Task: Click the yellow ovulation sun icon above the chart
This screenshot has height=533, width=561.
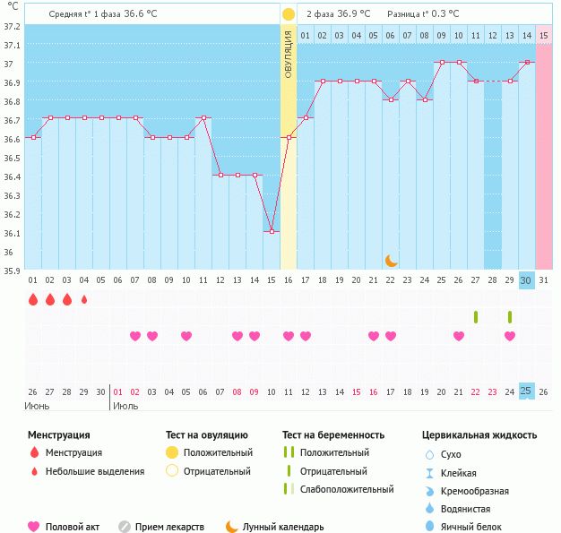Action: click(288, 14)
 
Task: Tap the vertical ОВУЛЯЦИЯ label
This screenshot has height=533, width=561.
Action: click(288, 54)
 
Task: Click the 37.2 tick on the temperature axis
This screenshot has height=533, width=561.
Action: click(11, 27)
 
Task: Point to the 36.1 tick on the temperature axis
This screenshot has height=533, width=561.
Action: click(11, 234)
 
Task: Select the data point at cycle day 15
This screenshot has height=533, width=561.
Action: click(272, 232)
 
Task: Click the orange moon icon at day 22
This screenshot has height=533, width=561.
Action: click(391, 260)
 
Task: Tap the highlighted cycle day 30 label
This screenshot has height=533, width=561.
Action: click(526, 280)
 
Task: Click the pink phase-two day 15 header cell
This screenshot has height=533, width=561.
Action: click(544, 35)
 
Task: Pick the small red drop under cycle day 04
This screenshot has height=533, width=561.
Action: click(84, 300)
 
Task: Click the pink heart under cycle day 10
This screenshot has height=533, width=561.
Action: click(186, 336)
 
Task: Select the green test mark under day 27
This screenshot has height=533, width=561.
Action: click(476, 316)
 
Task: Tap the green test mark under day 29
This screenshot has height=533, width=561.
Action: click(510, 316)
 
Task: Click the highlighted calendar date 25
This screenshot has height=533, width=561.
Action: click(526, 391)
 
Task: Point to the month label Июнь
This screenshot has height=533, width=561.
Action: click(37, 406)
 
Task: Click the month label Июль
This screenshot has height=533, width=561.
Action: click(125, 406)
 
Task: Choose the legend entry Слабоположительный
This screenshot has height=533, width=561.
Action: click(347, 489)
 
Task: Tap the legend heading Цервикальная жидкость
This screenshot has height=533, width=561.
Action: click(479, 435)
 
